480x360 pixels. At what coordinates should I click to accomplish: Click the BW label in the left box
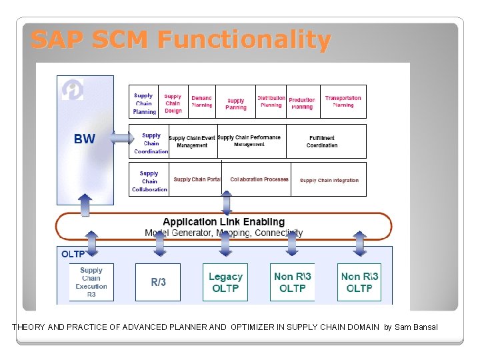pyautogui.click(x=85, y=139)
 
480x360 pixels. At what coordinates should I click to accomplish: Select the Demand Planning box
pyautogui.click(x=201, y=102)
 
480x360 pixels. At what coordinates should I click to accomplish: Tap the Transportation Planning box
pyautogui.click(x=343, y=102)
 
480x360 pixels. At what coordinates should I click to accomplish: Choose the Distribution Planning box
pyautogui.click(x=271, y=102)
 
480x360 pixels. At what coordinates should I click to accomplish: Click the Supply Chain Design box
pyautogui.click(x=173, y=103)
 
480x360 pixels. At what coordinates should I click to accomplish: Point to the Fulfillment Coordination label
pyautogui.click(x=322, y=141)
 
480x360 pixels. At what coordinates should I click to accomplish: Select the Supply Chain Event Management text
pyautogui.click(x=192, y=141)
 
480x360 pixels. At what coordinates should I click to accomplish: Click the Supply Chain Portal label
pyautogui.click(x=197, y=179)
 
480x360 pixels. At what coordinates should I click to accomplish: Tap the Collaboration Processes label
pyautogui.click(x=259, y=179)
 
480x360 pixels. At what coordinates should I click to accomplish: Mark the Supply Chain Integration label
pyautogui.click(x=329, y=180)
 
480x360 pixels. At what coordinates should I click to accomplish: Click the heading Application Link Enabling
pyautogui.click(x=223, y=222)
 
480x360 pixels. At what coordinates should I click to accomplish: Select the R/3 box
pyautogui.click(x=158, y=282)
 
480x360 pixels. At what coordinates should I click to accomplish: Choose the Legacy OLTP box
pyautogui.click(x=225, y=282)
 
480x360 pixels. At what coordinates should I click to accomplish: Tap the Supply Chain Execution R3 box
pyautogui.click(x=91, y=282)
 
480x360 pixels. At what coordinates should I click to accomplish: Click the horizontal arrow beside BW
pyautogui.click(x=122, y=139)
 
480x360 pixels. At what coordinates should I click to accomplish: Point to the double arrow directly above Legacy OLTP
pyautogui.click(x=225, y=243)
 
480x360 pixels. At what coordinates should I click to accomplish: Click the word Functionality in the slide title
pyautogui.click(x=244, y=40)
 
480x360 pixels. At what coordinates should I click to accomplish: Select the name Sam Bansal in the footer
pyautogui.click(x=416, y=327)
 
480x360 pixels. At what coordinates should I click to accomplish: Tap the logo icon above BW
pyautogui.click(x=72, y=89)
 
